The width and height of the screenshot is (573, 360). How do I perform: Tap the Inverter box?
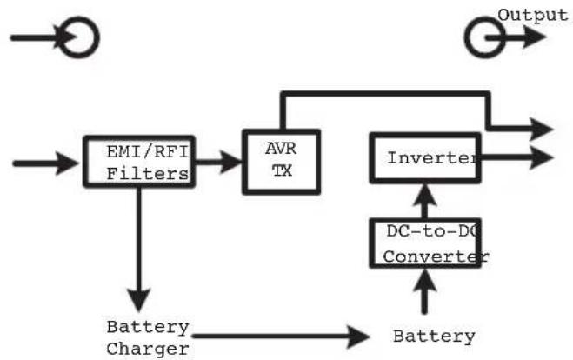pos(423,158)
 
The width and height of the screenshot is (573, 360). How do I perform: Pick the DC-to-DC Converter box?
pos(423,243)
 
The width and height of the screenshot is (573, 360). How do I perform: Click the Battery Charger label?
pos(148,338)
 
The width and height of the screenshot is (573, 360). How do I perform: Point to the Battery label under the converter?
pos(434,337)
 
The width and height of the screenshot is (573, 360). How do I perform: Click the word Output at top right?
pos(533,15)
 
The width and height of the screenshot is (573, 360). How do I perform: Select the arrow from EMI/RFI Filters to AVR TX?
pos(217,160)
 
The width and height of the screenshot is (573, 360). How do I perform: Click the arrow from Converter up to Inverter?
pos(424,202)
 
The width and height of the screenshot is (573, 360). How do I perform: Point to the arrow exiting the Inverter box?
pos(517,157)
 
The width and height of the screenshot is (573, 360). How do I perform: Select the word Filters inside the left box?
pos(148,174)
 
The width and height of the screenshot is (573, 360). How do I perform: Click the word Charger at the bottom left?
pos(148,350)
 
